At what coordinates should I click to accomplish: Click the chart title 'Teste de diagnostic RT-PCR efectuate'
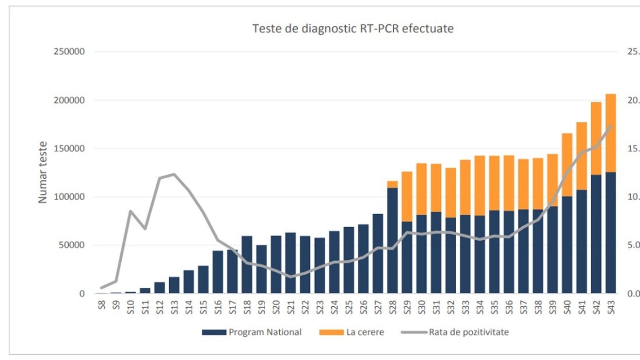pos(352,29)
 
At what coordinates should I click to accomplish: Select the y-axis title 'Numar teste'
pos(43,172)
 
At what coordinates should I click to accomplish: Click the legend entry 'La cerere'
pos(364,332)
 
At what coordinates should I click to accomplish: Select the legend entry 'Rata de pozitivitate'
pos(468,332)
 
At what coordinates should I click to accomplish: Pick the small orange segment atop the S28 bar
pos(392,184)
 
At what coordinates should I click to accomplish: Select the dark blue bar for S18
pos(247,265)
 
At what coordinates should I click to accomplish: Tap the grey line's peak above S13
pos(174,174)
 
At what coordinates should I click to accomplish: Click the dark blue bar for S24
pos(334,262)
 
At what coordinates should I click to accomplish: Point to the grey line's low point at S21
pos(290,277)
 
